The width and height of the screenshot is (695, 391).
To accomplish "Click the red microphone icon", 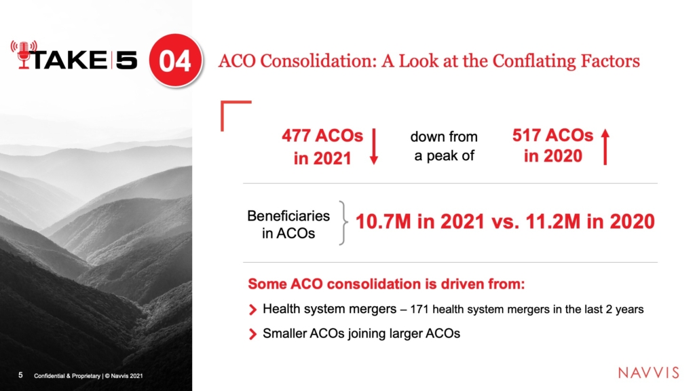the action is tap(24, 54).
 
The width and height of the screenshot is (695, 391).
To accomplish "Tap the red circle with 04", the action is tap(175, 60).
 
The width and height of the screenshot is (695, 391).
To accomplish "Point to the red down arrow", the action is tap(374, 147).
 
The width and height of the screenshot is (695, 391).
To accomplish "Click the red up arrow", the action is tap(605, 147).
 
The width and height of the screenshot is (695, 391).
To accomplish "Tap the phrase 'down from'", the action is tap(444, 136).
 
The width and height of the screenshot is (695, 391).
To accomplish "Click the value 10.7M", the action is tap(383, 221).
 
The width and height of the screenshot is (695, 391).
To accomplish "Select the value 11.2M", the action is tap(552, 221).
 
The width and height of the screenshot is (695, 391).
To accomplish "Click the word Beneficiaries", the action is tap(288, 216).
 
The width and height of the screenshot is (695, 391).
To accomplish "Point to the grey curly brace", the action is tap(343, 223).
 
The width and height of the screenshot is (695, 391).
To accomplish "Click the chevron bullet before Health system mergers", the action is tap(252, 310).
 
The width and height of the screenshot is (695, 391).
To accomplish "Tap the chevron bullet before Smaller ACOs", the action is tap(252, 334).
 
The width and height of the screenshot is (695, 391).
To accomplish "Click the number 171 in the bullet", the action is tap(419, 310).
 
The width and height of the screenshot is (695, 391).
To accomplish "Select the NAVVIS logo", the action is tap(648, 373).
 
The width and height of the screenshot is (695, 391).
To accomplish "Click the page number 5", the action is tap(20, 375).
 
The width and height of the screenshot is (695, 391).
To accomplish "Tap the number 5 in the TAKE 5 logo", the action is tap(126, 60).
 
